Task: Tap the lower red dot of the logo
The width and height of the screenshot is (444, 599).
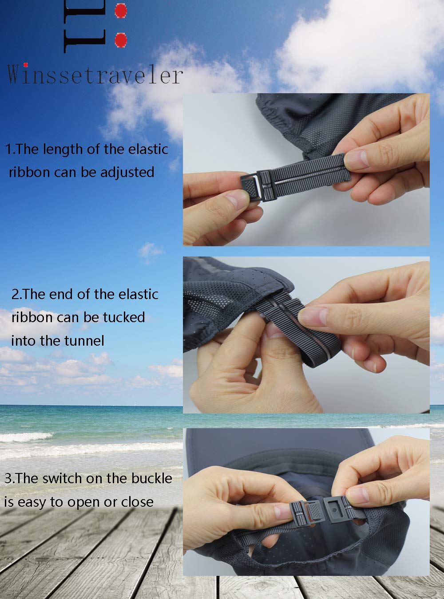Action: [120, 40]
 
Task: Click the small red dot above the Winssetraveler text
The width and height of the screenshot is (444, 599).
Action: [26, 64]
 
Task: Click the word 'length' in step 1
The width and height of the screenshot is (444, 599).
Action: [63, 150]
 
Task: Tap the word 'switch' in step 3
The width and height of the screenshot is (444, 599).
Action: [62, 478]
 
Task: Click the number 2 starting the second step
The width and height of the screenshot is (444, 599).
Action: [15, 294]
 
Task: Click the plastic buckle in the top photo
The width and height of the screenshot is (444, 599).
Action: [258, 185]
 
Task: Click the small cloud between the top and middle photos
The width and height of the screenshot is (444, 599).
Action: [150, 250]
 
